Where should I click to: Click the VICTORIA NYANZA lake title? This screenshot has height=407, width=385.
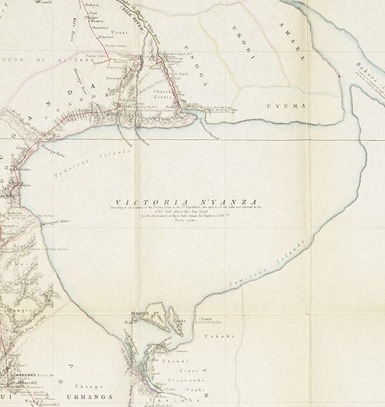(185, 201)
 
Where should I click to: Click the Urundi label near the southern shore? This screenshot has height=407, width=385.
(206, 318)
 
